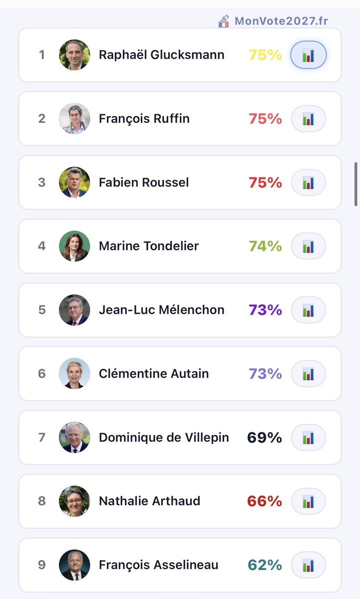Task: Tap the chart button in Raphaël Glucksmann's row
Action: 308,55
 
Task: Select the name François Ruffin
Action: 144,119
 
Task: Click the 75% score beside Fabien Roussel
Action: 265,183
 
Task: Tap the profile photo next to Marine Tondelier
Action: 74,246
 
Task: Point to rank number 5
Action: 42,310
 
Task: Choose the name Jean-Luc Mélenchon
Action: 162,310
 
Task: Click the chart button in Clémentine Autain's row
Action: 308,374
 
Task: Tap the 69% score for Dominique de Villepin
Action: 265,438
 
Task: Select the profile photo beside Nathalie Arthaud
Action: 74,501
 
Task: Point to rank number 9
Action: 42,565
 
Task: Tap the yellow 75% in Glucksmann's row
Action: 265,55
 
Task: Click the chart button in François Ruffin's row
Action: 308,119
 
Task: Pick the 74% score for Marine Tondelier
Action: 265,246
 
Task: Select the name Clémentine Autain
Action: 154,374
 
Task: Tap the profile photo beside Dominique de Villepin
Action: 74,438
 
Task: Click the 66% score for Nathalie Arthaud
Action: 265,501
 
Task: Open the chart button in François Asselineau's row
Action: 308,565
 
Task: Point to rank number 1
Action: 42,55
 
